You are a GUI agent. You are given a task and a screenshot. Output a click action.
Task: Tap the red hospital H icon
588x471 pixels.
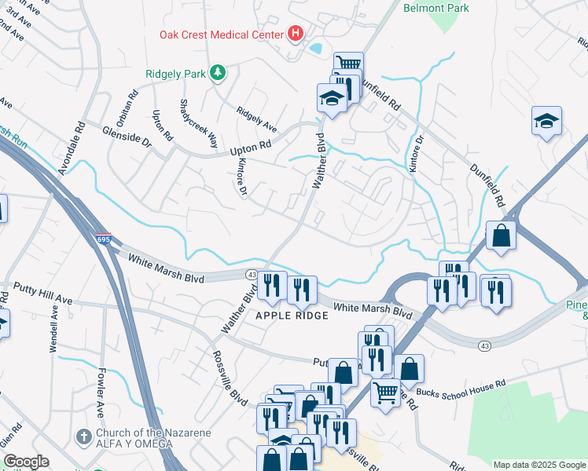296,34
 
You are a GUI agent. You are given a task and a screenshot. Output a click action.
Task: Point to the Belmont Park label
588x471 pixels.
435,9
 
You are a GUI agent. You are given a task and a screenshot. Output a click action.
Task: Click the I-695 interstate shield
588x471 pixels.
105,239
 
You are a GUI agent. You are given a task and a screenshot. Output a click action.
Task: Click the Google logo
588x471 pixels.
27,462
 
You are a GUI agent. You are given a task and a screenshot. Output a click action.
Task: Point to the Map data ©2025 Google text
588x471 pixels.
538,464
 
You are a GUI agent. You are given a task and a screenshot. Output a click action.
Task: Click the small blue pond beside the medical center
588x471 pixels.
315,49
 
